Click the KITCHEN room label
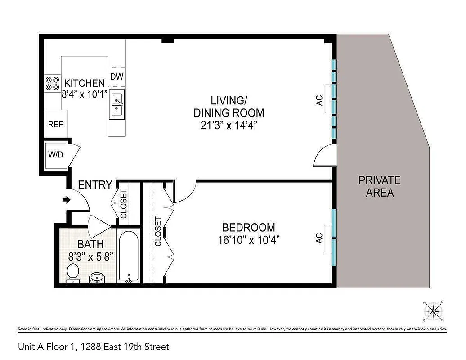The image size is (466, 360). [85, 83]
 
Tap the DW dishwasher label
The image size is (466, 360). [117, 76]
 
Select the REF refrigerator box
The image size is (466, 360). [56, 124]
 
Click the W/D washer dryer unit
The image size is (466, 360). [56, 155]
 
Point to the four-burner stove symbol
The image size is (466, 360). [52, 83]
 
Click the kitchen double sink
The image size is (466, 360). [117, 104]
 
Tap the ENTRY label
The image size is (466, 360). [95, 185]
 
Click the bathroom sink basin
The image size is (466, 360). [96, 277]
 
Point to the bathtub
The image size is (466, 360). [129, 256]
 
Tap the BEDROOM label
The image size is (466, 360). [248, 228]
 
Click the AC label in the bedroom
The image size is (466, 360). [319, 238]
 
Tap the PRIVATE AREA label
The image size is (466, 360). [379, 187]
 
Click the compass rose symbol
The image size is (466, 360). [434, 310]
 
